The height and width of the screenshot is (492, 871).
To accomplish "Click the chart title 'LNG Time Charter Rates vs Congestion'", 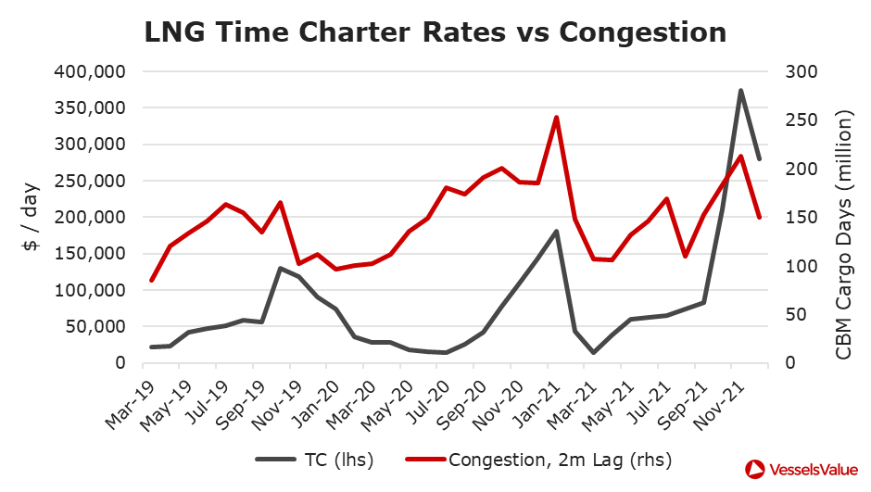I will (435, 32).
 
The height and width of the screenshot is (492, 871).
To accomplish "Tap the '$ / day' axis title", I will (30, 217).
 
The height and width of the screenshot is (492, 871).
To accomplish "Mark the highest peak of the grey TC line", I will (740, 91).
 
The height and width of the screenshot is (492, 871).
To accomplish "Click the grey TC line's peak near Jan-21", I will (556, 231).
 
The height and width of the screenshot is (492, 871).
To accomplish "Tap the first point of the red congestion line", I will (151, 280).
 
